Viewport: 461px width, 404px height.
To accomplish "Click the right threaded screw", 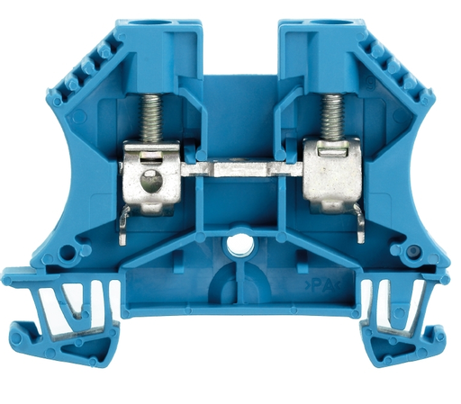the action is coord(331,117).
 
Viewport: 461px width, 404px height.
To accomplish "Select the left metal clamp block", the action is coord(151,177).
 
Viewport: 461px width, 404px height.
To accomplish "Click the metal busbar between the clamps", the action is coord(241,169).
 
